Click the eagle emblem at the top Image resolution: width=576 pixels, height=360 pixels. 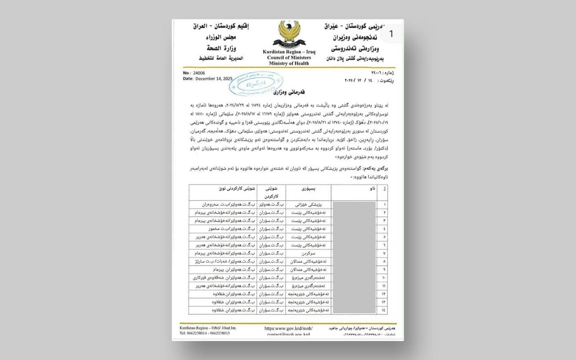pos(288,35)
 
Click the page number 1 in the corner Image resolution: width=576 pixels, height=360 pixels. pos(391,33)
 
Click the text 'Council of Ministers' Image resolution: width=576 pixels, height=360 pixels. pos(289,58)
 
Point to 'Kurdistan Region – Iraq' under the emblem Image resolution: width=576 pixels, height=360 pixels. pos(289,52)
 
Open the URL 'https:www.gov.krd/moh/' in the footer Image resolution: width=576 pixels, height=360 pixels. pos(288,328)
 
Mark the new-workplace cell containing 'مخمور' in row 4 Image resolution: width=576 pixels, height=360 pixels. pos(223,229)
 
